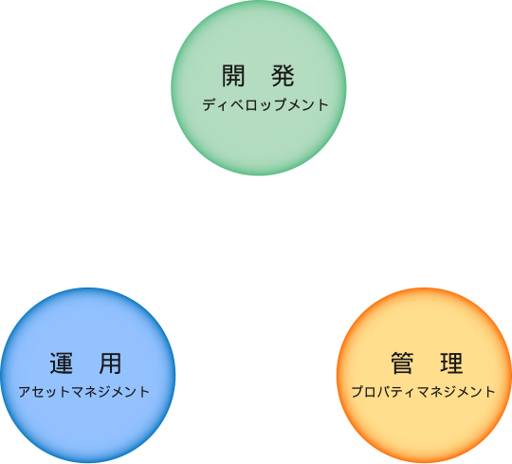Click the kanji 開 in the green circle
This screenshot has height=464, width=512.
233,76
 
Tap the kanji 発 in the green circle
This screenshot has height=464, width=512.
283,76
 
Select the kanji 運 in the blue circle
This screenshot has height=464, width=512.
61,363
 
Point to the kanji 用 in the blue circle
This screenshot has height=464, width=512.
110,363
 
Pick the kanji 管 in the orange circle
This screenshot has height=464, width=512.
402,362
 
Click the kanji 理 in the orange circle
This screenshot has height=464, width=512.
451,362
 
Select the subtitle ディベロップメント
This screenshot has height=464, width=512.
265,104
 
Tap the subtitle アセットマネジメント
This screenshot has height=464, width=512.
84,392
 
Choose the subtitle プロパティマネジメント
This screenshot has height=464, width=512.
424,392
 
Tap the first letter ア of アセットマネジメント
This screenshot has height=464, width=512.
25,392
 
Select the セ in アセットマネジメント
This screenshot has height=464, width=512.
38,392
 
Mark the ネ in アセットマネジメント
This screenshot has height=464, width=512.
90,392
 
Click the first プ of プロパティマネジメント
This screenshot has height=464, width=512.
357,392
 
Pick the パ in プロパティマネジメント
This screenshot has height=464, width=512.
384,392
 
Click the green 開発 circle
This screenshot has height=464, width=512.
259,87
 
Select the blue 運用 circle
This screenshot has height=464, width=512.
88,375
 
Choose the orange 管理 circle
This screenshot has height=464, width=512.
424,375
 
